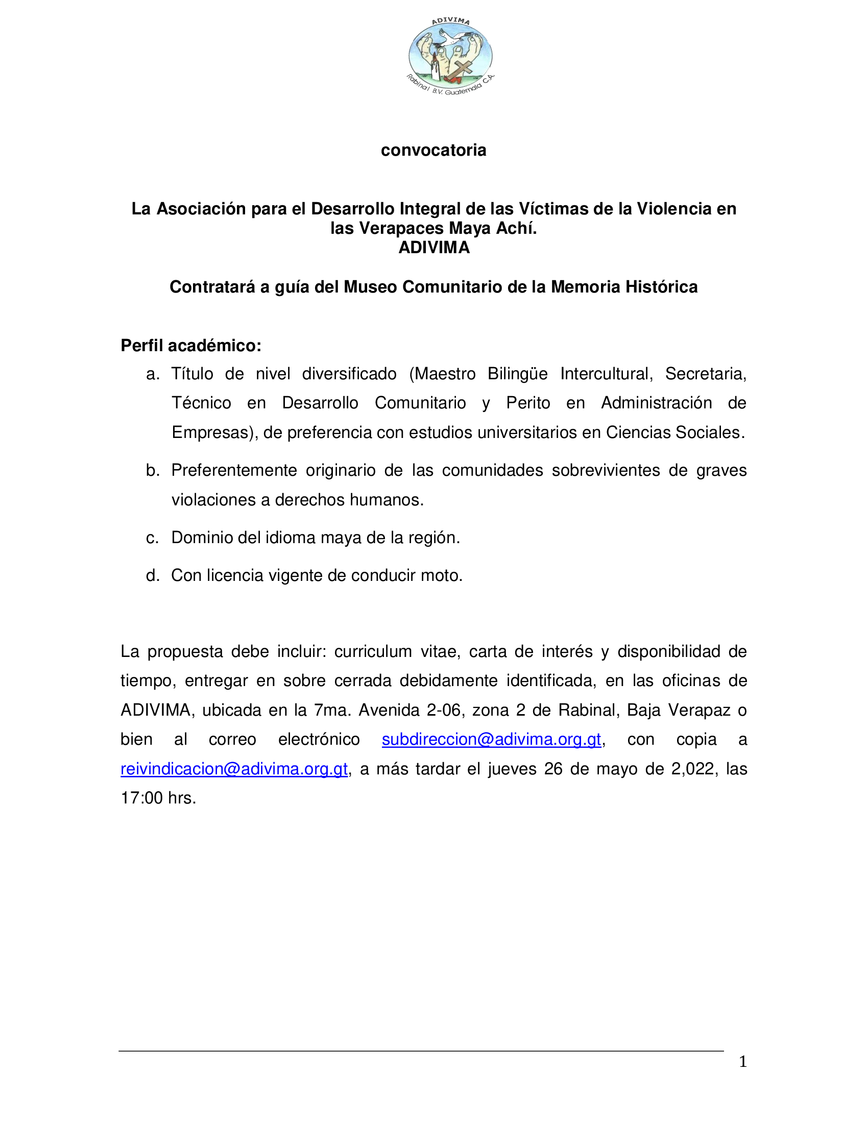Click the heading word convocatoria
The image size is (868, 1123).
pos(433,150)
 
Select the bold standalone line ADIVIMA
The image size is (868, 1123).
pos(434,248)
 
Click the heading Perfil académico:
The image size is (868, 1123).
pos(191,346)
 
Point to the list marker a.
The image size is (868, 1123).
pos(153,374)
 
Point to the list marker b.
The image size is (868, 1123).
pos(153,471)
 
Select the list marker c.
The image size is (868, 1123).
pos(152,538)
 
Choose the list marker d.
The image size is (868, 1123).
pos(153,575)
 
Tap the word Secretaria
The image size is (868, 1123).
pos(705,374)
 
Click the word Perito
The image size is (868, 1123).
pos(528,403)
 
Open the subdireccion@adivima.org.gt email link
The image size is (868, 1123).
pos(491,740)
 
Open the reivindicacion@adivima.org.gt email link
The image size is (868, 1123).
pos(234,769)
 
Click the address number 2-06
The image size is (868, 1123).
pos(444,710)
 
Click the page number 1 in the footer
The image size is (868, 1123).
pos(742,1061)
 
